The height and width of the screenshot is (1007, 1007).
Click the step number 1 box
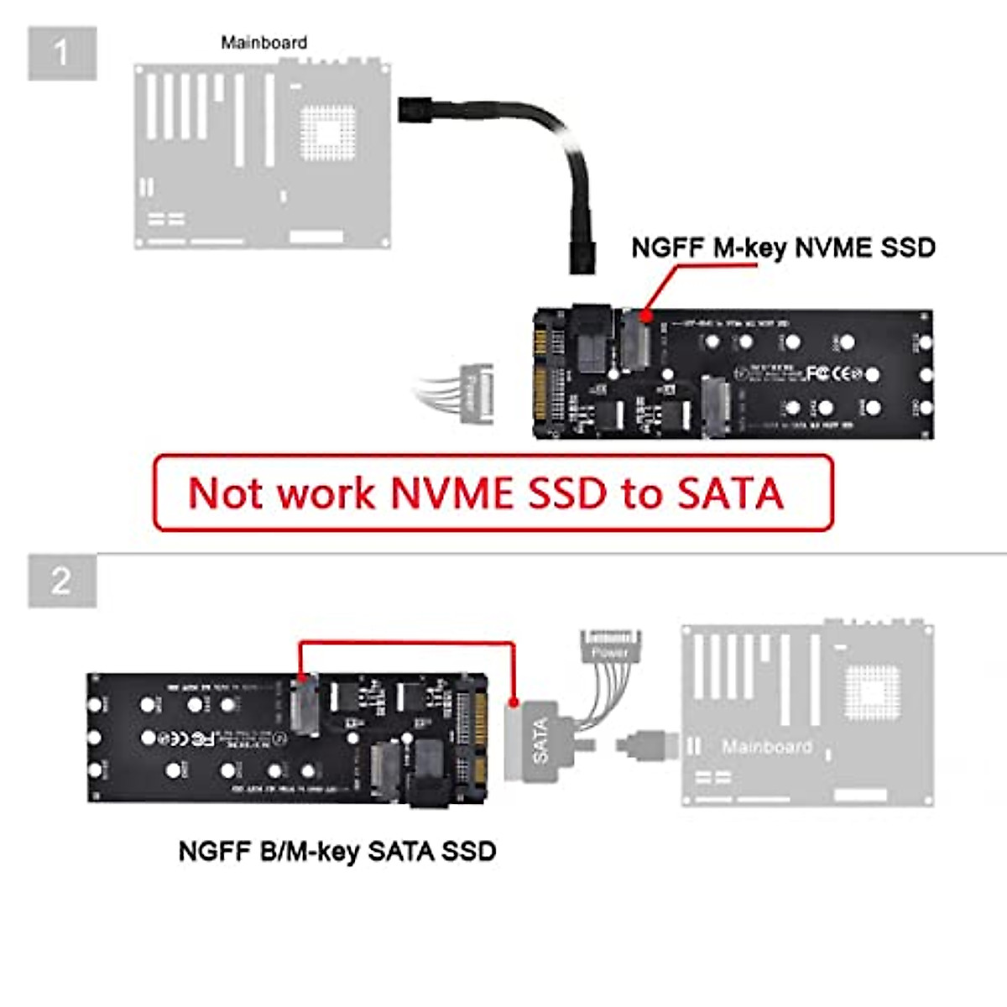62,54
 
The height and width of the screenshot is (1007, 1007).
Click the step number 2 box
62,581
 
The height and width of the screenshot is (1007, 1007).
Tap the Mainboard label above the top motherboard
263,43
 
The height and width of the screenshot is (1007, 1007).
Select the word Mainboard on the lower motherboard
766,747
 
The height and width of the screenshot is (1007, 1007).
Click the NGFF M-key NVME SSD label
782,248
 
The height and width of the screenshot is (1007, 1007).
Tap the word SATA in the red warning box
730,493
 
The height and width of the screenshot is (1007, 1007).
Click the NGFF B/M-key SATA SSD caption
337,851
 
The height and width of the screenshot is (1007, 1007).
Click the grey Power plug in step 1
475,392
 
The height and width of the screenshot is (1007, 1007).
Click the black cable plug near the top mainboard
416,110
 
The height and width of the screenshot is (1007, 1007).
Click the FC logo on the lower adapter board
202,738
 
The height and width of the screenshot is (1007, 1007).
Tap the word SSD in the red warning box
568,493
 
